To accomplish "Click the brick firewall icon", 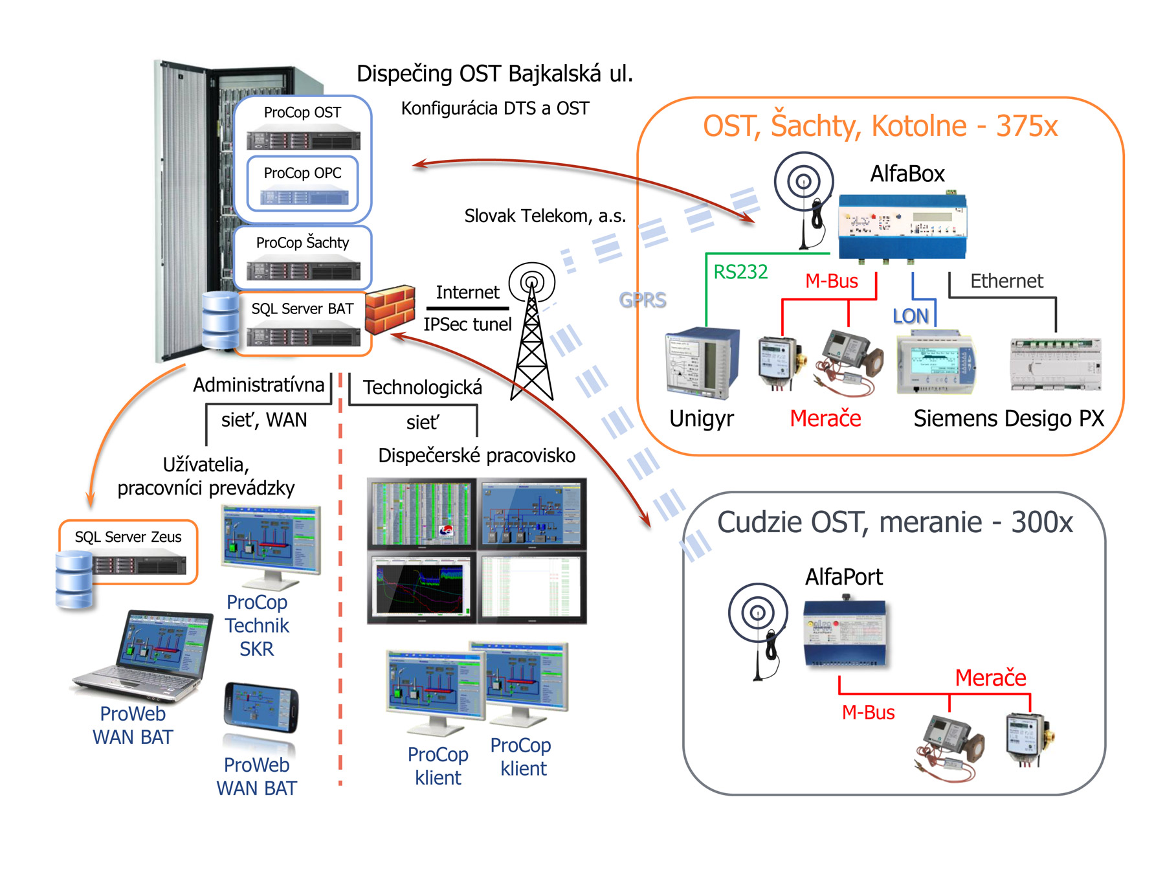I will point(390,309).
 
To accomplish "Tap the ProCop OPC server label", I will point(302,173).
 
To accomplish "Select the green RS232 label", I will point(740,272).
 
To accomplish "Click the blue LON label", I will point(910,316).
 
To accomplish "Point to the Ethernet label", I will point(1006,281).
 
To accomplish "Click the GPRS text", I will point(642,300).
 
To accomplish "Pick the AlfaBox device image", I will point(902,227).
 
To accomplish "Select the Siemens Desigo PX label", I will point(1008,418).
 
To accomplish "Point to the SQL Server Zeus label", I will point(128,537).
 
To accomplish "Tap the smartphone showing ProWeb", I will point(261,708).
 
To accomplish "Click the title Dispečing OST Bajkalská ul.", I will point(494,74).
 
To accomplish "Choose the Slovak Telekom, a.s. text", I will point(545,216).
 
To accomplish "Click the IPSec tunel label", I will point(467,324).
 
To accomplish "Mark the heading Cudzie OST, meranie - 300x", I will point(894,522).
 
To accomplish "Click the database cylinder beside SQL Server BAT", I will point(220,320).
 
